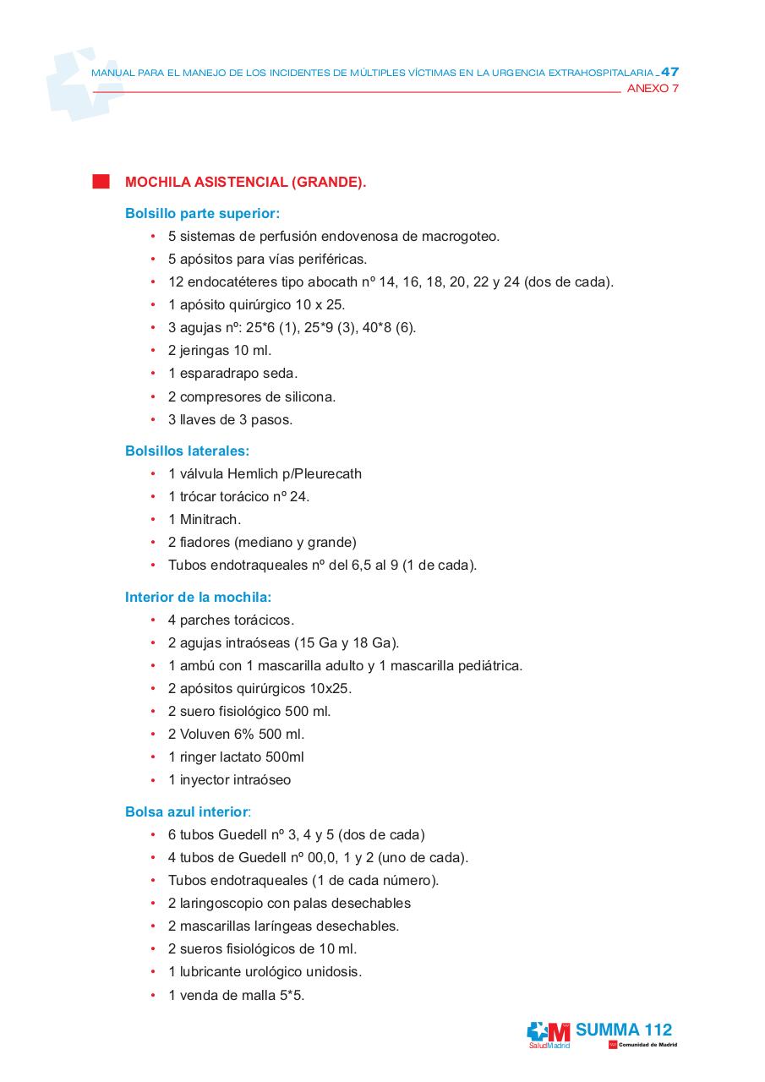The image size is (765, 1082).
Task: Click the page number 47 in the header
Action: point(669,72)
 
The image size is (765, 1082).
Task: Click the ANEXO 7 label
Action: point(653,89)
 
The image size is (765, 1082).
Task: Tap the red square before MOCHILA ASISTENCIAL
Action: point(101,182)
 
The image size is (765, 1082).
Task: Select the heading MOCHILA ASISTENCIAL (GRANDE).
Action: point(245,182)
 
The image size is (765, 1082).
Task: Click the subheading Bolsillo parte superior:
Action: point(202,214)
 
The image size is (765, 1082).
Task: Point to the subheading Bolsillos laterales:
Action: point(187,451)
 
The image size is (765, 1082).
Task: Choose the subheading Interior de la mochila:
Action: point(198,597)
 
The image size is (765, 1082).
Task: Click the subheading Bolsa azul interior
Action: point(187,811)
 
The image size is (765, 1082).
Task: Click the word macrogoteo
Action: point(461,237)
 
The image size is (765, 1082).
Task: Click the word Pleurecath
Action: point(325,474)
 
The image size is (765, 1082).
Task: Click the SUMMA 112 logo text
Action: point(624,1030)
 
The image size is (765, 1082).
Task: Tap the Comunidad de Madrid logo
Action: point(643,1045)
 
